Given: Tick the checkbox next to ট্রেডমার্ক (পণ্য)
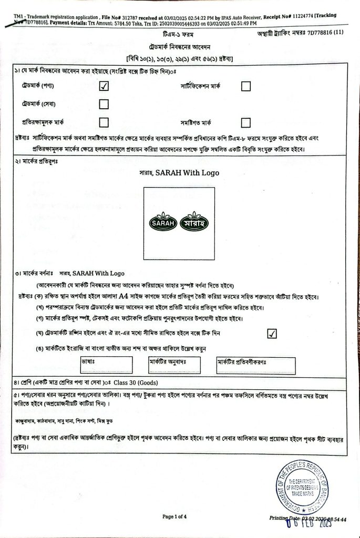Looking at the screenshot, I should coord(104,87).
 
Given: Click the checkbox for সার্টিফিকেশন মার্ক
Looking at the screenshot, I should coord(245,86).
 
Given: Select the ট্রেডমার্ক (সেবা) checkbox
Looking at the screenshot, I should coord(104,104).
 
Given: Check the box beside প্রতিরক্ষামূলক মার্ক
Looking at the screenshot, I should coord(104,122).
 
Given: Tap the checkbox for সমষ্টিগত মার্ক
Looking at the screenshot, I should coord(245,122).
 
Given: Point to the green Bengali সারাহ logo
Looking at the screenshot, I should coord(194,223).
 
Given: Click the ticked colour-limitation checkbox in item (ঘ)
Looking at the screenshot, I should coord(272,334).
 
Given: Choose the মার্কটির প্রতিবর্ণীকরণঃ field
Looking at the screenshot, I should coord(255,365).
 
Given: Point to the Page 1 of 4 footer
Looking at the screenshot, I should coord(174,517).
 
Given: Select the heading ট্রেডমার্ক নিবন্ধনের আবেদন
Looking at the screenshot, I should coord(179,45).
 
